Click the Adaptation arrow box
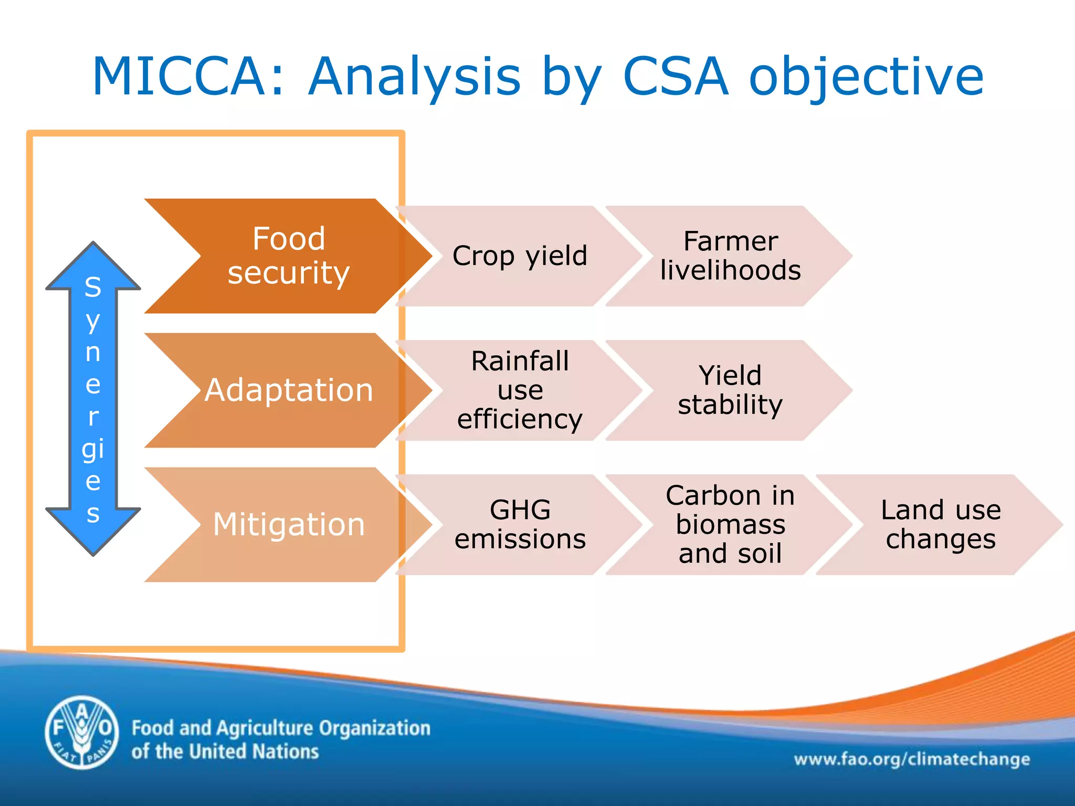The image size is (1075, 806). click(x=289, y=390)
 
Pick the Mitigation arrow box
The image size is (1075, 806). click(x=289, y=525)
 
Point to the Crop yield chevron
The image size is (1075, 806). click(x=520, y=256)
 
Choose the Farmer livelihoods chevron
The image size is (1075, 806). click(x=730, y=256)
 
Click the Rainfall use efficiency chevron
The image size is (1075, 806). click(x=520, y=390)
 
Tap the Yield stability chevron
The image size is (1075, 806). click(x=730, y=390)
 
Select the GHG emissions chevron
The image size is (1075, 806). click(x=520, y=525)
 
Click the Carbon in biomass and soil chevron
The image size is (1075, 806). click(x=730, y=525)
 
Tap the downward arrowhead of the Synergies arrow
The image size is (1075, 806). click(x=93, y=535)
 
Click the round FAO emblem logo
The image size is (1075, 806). click(x=81, y=733)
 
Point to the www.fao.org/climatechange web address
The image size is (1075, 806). click(x=912, y=759)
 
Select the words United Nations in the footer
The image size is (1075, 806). click(x=254, y=752)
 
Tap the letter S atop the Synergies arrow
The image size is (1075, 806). click(x=93, y=288)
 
